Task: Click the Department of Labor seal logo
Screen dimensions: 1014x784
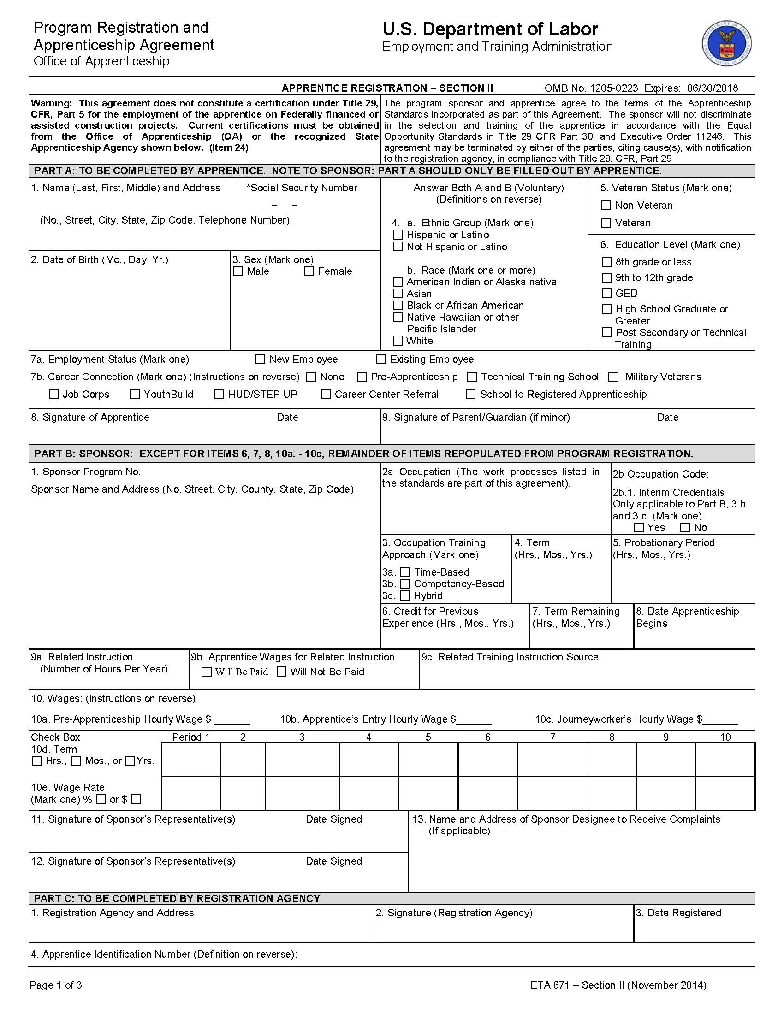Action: click(x=726, y=45)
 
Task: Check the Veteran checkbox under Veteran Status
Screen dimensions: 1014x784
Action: click(x=606, y=223)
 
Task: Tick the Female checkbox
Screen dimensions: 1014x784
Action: click(x=309, y=271)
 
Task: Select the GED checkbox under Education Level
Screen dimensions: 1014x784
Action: click(x=606, y=294)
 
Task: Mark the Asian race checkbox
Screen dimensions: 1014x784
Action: click(x=398, y=294)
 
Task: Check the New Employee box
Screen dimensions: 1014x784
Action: click(x=261, y=360)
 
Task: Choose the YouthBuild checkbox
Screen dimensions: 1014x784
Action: click(x=135, y=394)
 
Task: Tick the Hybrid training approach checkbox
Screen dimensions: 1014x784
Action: click(x=405, y=595)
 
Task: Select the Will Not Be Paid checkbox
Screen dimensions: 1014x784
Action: click(x=281, y=672)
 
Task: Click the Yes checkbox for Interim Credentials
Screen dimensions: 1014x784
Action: click(x=639, y=527)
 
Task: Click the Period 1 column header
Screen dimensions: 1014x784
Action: click(x=191, y=737)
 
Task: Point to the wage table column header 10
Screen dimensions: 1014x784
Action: click(x=725, y=737)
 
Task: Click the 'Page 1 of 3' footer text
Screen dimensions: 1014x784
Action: click(x=56, y=985)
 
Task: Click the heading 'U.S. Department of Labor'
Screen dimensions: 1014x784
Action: click(x=490, y=29)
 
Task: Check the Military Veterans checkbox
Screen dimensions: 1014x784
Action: click(x=613, y=377)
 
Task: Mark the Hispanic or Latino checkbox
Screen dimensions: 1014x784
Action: click(x=398, y=235)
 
